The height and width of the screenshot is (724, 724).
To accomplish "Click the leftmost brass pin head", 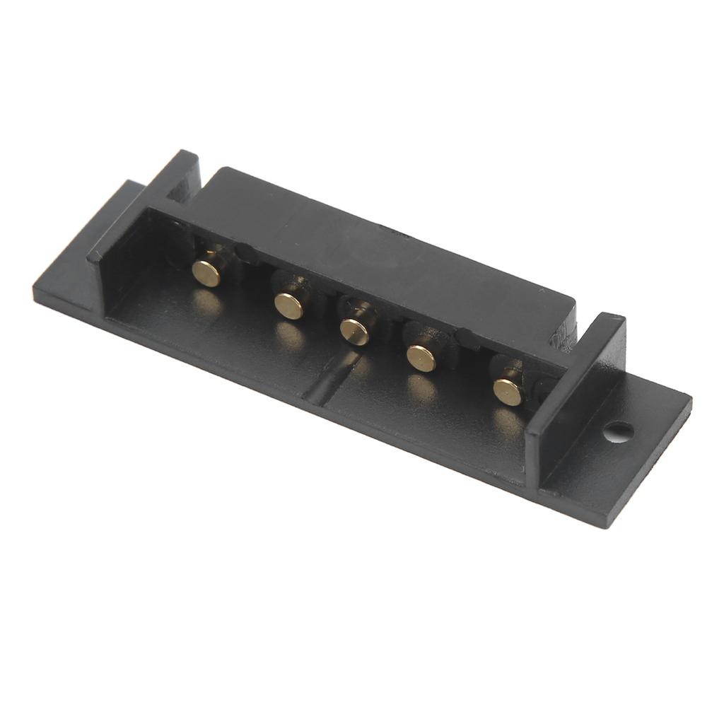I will tap(206, 273).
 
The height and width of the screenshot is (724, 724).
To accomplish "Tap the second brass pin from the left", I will tap(288, 305).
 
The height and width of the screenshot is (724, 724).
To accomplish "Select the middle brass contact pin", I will tap(354, 332).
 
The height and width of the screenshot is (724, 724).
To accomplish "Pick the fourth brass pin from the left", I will tap(422, 359).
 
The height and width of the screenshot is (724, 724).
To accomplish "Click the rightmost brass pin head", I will tap(508, 392).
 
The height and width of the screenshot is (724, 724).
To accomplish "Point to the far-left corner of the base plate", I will tap(37, 293).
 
